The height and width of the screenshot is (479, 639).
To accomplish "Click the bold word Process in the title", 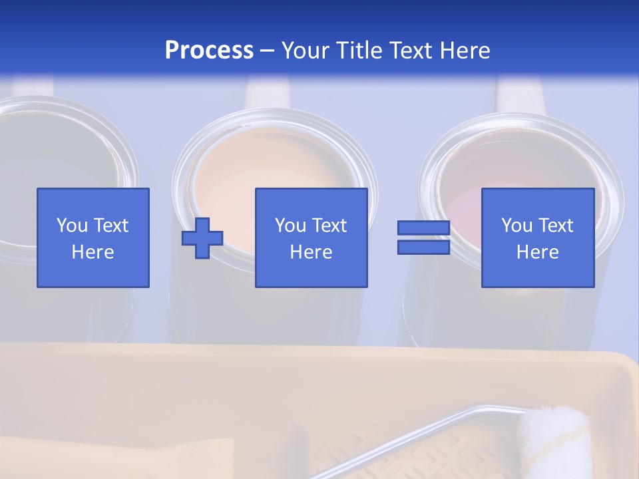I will [x=209, y=51].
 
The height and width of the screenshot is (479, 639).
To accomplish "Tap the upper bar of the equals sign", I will [x=423, y=228].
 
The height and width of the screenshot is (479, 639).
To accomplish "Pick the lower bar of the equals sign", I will [x=423, y=247].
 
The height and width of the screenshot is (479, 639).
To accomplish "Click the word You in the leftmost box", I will [x=72, y=226].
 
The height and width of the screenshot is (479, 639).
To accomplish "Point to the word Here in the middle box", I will [x=312, y=252].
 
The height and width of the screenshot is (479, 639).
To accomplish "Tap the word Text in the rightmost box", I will [x=555, y=226].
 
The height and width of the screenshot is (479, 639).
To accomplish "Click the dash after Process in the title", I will [x=268, y=51].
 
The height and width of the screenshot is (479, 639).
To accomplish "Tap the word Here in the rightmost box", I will [x=538, y=252].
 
